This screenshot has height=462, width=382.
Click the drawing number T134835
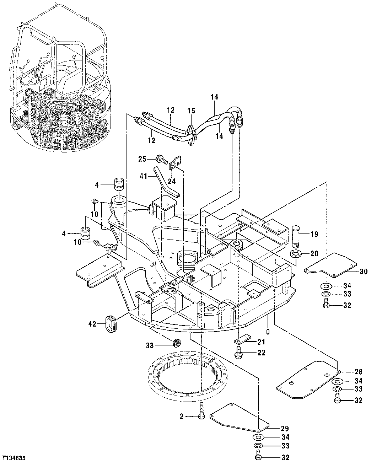[16, 457]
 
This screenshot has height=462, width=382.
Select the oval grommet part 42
[111, 324]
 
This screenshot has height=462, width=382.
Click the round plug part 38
[176, 343]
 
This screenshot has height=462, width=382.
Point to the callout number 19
[314, 234]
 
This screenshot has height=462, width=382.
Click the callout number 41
[143, 175]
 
